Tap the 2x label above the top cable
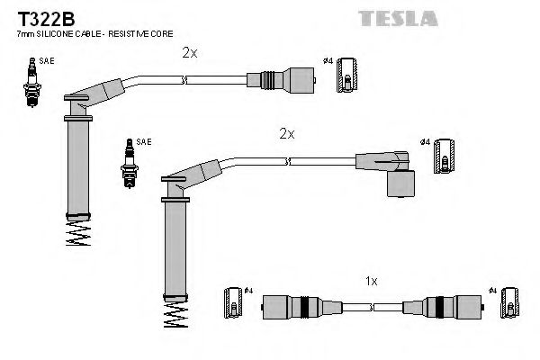(189, 53)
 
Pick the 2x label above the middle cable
(286, 133)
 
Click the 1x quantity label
(371, 282)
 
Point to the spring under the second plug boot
(176, 318)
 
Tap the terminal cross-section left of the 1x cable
(231, 304)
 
